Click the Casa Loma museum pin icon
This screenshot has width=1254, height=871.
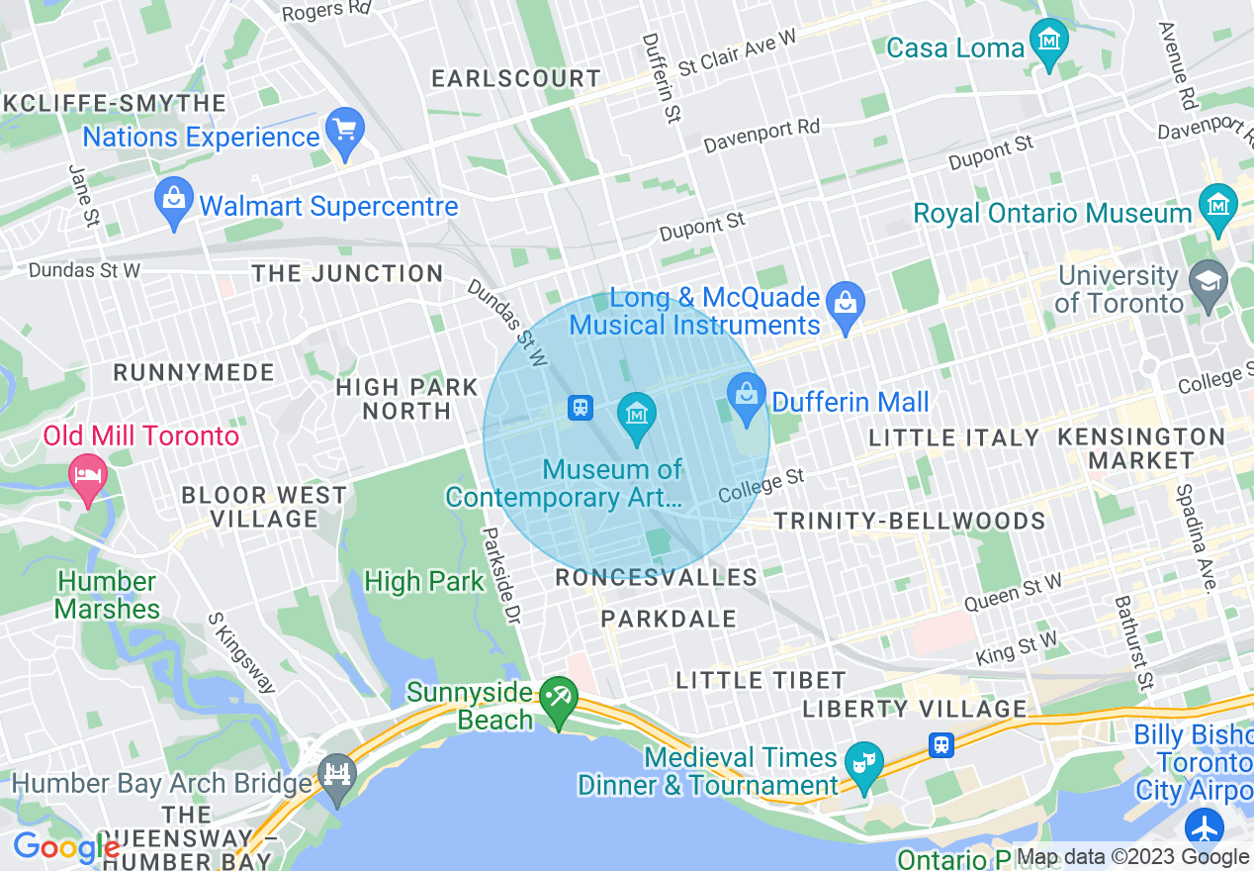point(1048,42)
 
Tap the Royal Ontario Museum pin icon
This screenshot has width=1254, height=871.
point(1217,206)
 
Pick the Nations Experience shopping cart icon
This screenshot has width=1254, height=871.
point(345,131)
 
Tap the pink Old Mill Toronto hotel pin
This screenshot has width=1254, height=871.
point(88,476)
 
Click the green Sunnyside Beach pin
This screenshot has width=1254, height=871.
point(558,700)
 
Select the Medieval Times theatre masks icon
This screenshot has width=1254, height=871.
point(864,763)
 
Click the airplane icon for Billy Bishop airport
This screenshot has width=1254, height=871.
point(1206,827)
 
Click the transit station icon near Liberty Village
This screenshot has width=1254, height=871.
point(941,744)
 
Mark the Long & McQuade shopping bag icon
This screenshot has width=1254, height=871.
point(846,303)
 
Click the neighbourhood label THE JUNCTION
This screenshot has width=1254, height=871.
point(347,274)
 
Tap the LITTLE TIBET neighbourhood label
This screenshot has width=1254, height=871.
point(761,680)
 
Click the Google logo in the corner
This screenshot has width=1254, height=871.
point(65,847)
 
